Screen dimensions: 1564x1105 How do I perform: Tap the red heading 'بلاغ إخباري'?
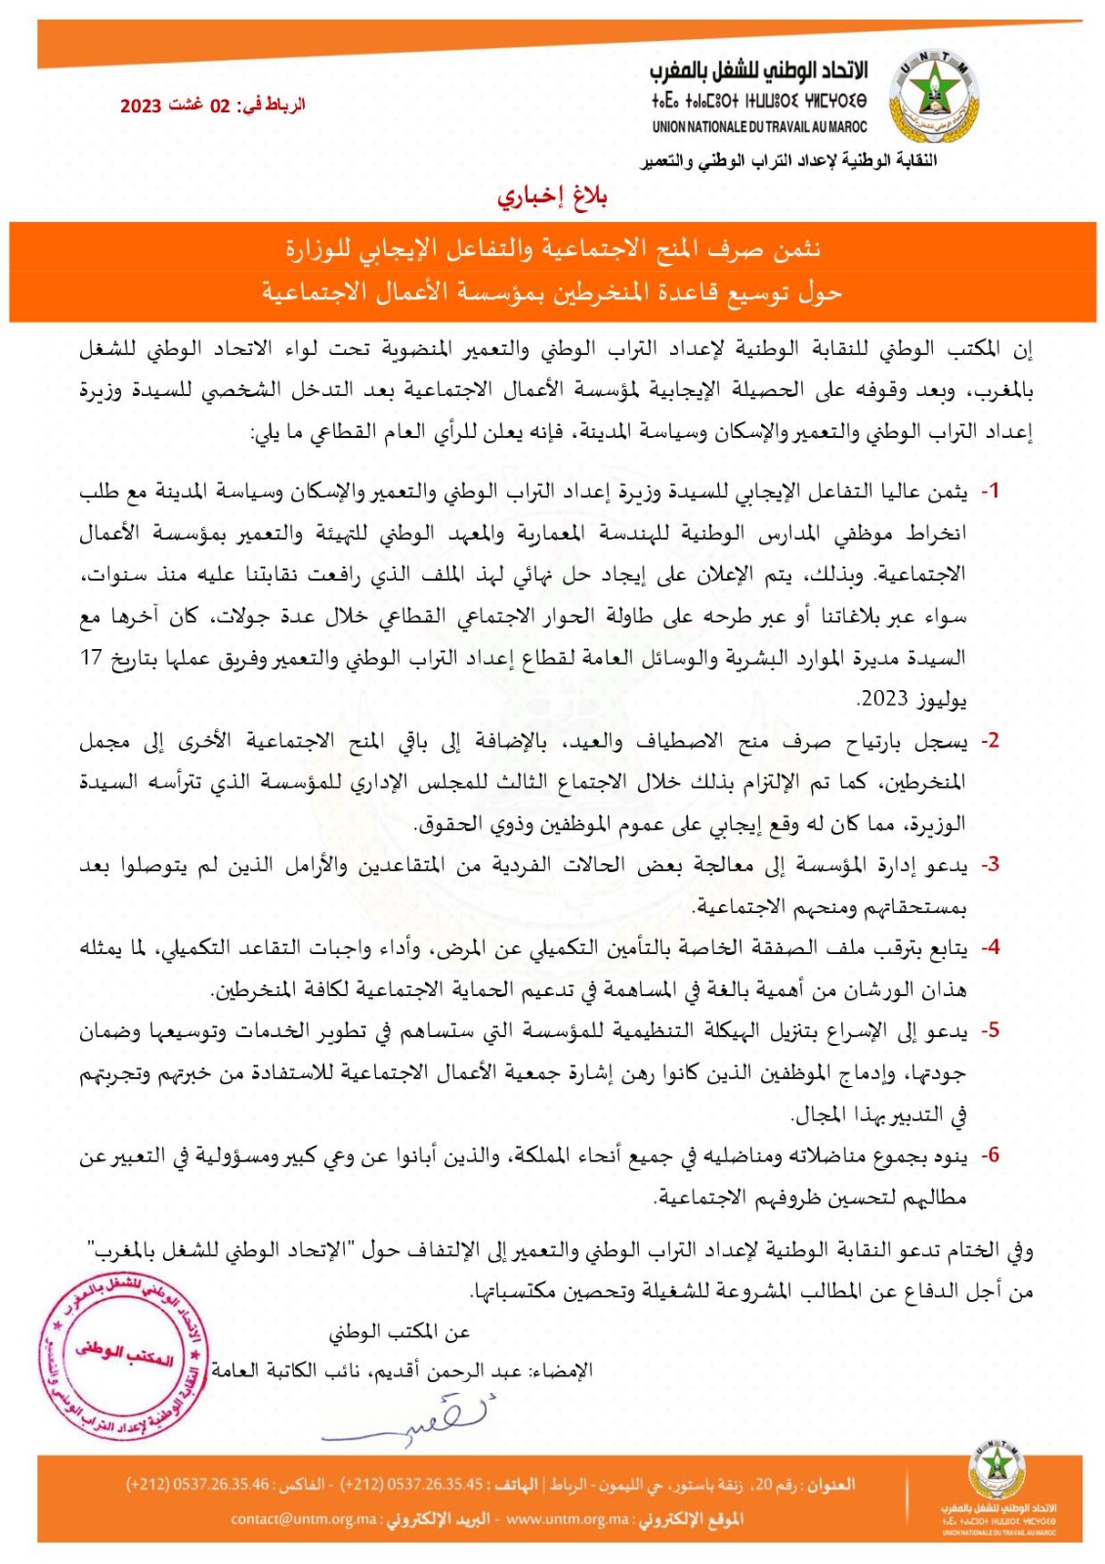point(552,196)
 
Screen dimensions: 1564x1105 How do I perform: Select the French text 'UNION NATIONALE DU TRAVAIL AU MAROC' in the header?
point(759,126)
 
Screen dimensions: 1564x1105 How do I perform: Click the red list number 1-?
point(990,491)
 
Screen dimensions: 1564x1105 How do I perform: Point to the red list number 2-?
point(990,740)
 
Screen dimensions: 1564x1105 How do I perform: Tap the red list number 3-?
point(990,864)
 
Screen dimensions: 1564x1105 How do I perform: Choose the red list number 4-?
point(990,946)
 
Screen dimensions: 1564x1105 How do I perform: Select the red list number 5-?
point(990,1029)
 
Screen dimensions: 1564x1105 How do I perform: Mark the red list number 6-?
point(990,1154)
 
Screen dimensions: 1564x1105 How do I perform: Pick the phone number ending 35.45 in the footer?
point(411,1485)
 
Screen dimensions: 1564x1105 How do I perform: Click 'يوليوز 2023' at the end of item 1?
point(912,698)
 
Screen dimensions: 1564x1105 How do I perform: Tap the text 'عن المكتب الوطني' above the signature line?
point(400,1331)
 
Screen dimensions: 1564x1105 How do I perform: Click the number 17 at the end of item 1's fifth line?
point(91,657)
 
